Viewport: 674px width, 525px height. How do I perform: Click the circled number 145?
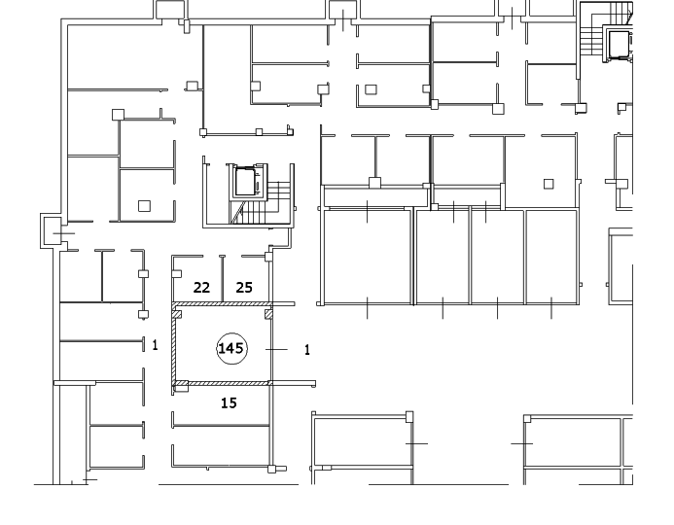pyautogui.click(x=231, y=348)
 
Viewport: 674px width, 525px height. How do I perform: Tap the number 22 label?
pyautogui.click(x=201, y=287)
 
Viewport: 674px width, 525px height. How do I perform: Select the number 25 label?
pyautogui.click(x=245, y=287)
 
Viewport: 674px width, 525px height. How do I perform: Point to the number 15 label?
pyautogui.click(x=229, y=402)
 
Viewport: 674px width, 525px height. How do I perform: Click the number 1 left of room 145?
pyautogui.click(x=155, y=344)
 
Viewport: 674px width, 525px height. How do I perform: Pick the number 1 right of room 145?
pyautogui.click(x=307, y=349)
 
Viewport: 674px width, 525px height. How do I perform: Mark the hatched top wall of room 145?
pyautogui.click(x=222, y=305)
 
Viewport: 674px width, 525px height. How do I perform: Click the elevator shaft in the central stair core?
pyautogui.click(x=244, y=181)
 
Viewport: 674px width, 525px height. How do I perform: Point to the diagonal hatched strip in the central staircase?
pyautogui.click(x=236, y=213)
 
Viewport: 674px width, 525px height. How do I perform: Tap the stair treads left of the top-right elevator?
pyautogui.click(x=590, y=39)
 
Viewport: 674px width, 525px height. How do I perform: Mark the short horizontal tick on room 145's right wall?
pyautogui.click(x=279, y=348)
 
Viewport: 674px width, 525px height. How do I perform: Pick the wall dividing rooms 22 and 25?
pyautogui.click(x=223, y=279)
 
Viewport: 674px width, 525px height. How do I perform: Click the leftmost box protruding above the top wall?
pyautogui.click(x=171, y=10)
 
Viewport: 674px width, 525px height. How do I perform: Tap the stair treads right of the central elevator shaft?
pyautogui.click(x=278, y=192)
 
